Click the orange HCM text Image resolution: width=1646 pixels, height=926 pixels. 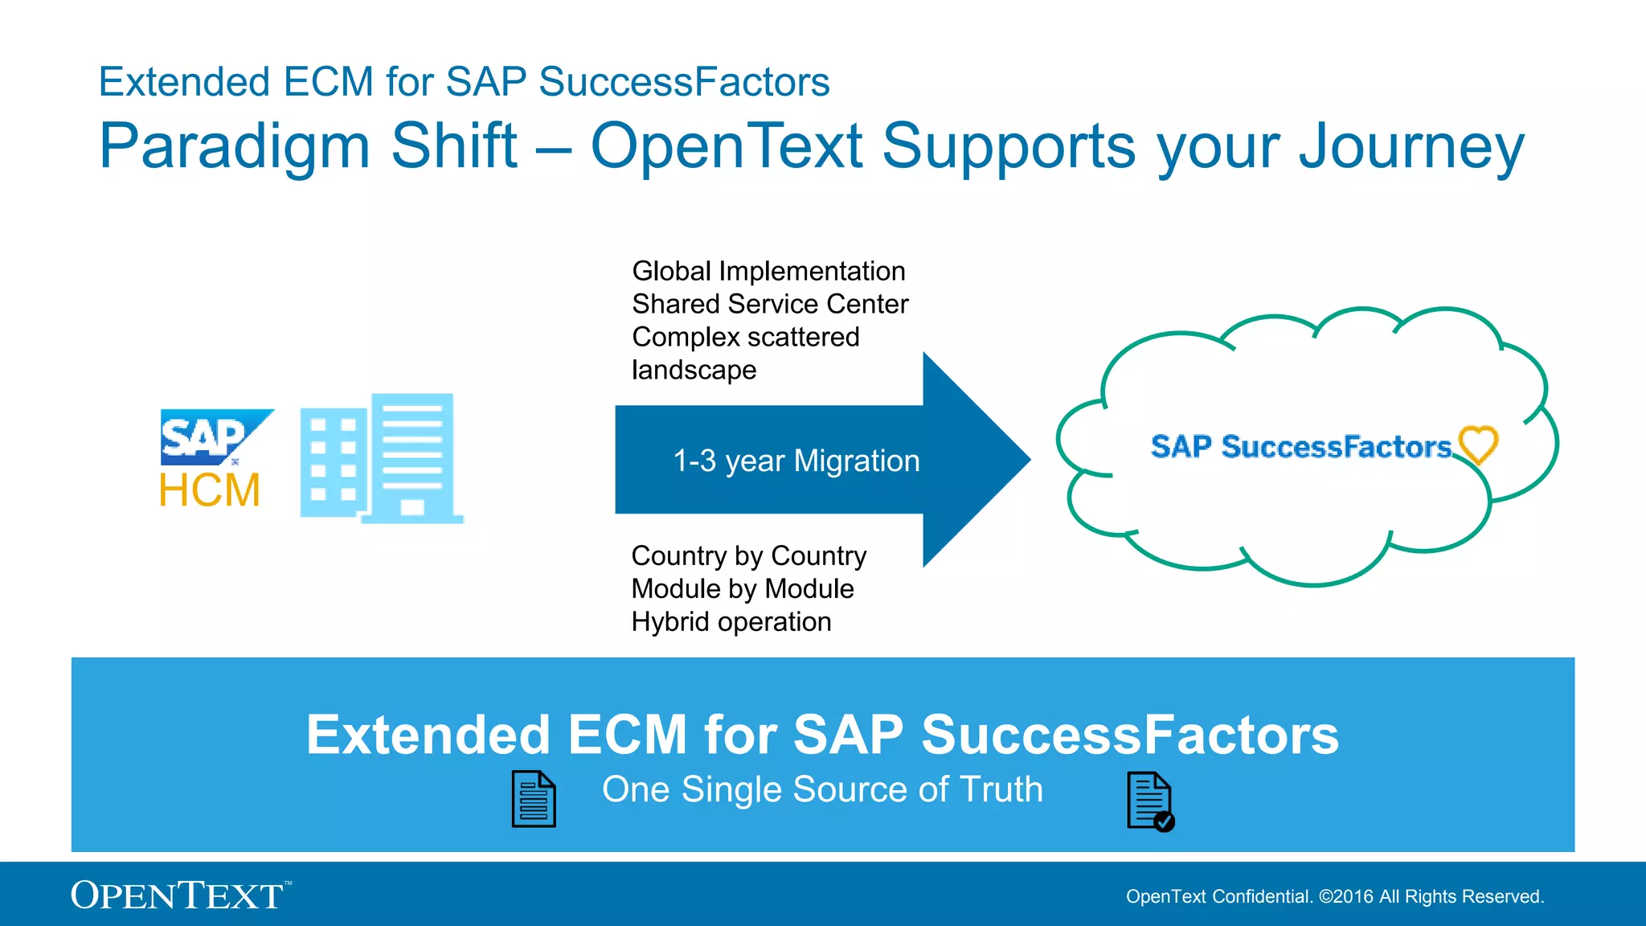click(210, 490)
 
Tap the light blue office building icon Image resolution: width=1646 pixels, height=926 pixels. click(381, 458)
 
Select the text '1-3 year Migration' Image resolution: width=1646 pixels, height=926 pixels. click(796, 461)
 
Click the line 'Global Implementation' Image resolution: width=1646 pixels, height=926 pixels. click(768, 272)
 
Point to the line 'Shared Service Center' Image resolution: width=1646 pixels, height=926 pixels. click(770, 305)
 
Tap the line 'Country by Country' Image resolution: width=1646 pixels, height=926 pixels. click(749, 556)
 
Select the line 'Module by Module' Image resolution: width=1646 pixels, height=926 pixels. click(743, 589)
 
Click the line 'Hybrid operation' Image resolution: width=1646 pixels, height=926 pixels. click(731, 622)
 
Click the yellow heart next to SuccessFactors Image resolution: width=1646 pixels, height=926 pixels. click(1477, 445)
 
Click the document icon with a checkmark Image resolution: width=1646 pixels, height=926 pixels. click(1150, 801)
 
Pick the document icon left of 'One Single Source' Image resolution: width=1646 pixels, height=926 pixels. click(534, 799)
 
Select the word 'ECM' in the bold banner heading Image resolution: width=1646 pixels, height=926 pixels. click(628, 735)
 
